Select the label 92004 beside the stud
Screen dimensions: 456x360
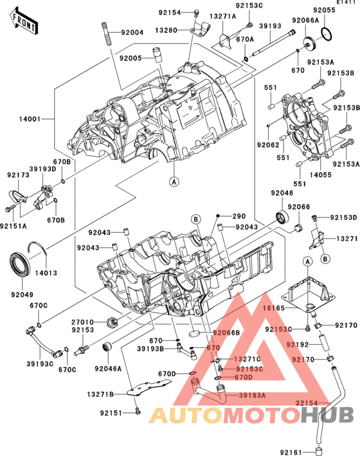(132, 32)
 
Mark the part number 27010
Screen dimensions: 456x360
(83, 321)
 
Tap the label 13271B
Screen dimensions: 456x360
(101, 394)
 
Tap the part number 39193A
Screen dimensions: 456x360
(252, 395)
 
